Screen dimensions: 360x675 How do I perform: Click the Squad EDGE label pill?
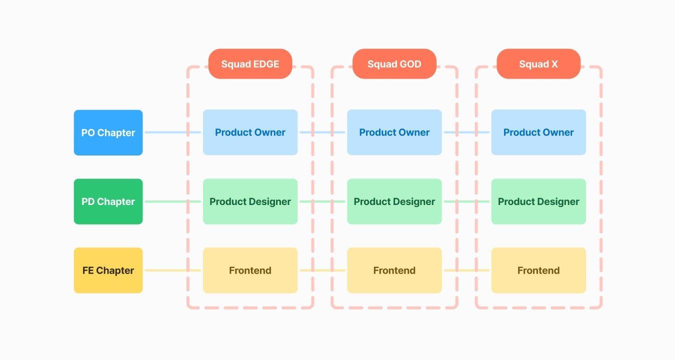(x=250, y=64)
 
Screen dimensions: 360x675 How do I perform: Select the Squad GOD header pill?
(x=394, y=64)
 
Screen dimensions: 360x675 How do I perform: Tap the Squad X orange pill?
(x=538, y=64)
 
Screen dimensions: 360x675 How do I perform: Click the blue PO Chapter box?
(x=108, y=132)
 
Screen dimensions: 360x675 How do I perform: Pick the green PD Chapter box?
(x=108, y=201)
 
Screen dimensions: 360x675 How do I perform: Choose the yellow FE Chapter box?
(x=108, y=270)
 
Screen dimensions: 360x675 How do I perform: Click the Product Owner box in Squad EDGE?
(x=250, y=132)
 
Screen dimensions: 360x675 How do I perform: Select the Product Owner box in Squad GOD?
(x=394, y=132)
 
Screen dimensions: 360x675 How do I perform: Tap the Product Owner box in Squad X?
(x=538, y=132)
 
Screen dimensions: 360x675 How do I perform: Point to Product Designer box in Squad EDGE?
(x=250, y=201)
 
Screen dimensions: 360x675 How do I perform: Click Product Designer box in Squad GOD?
(x=394, y=201)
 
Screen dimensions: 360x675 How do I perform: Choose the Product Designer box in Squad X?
(x=538, y=201)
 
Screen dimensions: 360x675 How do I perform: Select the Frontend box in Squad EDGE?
(x=250, y=270)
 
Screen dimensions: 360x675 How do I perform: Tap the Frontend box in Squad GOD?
(x=394, y=270)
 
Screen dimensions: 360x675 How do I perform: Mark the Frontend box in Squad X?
(x=538, y=270)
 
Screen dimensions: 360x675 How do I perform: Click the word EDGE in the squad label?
(x=265, y=64)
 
